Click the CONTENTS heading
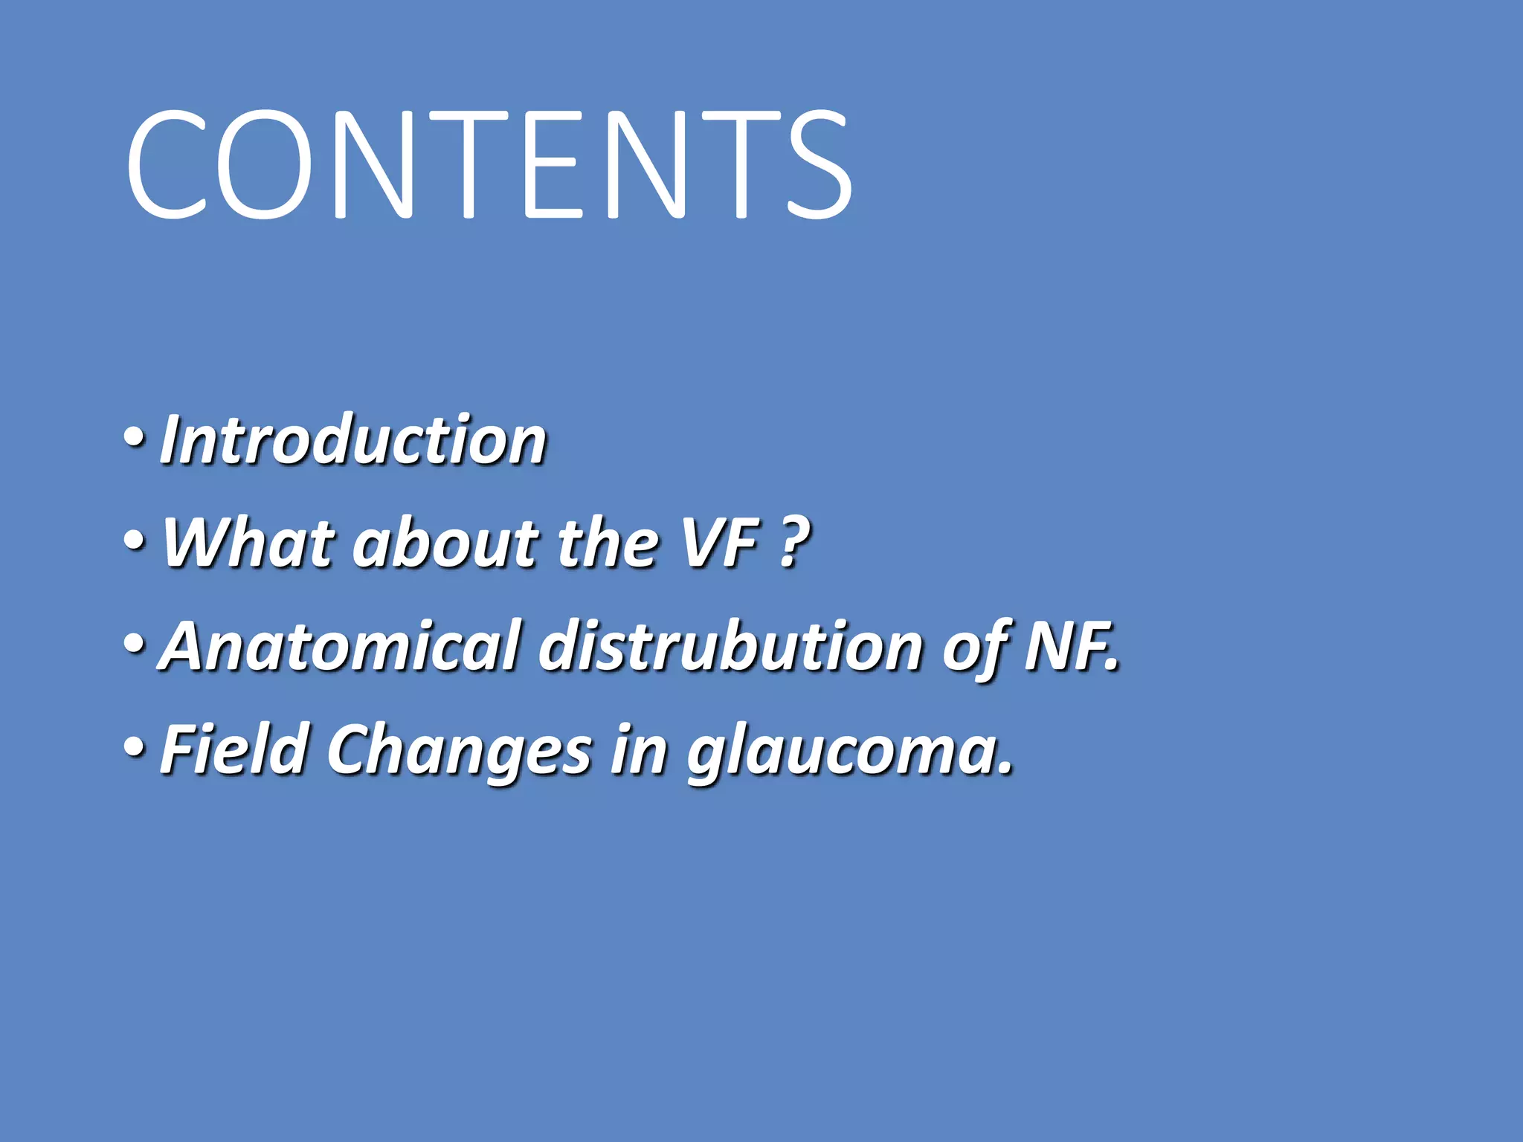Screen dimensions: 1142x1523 (489, 165)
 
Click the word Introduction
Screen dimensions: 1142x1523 (354, 441)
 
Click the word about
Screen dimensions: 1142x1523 (445, 543)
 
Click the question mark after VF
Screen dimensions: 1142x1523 (795, 543)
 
